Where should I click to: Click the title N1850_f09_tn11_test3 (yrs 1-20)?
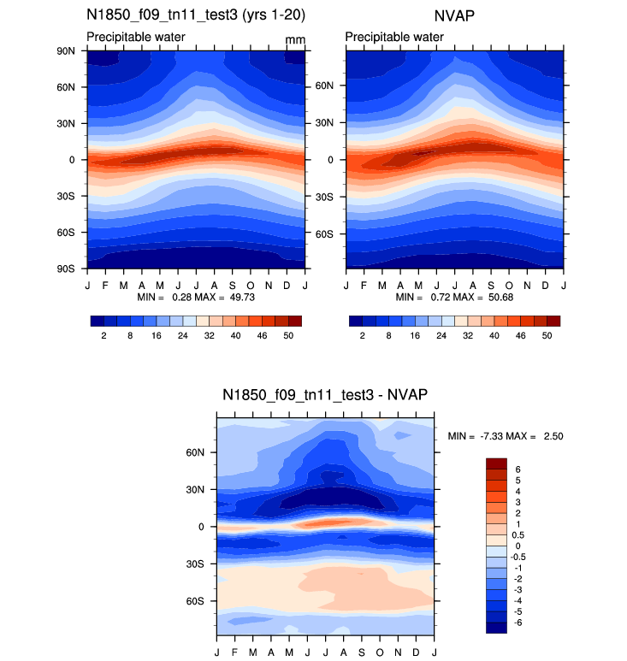(196, 15)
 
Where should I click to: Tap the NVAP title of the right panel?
(455, 15)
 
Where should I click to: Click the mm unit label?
(295, 39)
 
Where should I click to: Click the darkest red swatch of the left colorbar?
(295, 322)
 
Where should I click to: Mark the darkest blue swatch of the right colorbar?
(356, 322)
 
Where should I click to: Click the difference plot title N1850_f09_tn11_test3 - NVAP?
(325, 394)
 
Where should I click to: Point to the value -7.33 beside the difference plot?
(488, 436)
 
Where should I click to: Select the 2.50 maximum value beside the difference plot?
(551, 436)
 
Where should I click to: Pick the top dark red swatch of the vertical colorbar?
(497, 463)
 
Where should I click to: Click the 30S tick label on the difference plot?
(194, 564)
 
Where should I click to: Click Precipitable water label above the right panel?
(394, 37)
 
